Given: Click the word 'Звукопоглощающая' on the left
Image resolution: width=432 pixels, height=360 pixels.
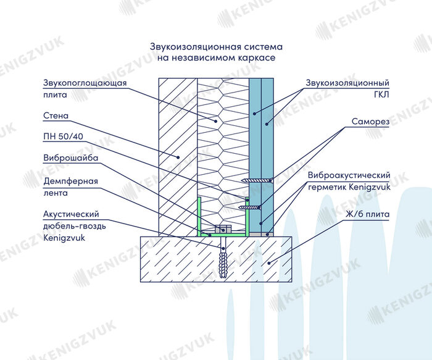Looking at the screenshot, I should coord(85,83).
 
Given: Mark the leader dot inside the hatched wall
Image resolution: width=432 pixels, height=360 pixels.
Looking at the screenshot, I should coord(180,157).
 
